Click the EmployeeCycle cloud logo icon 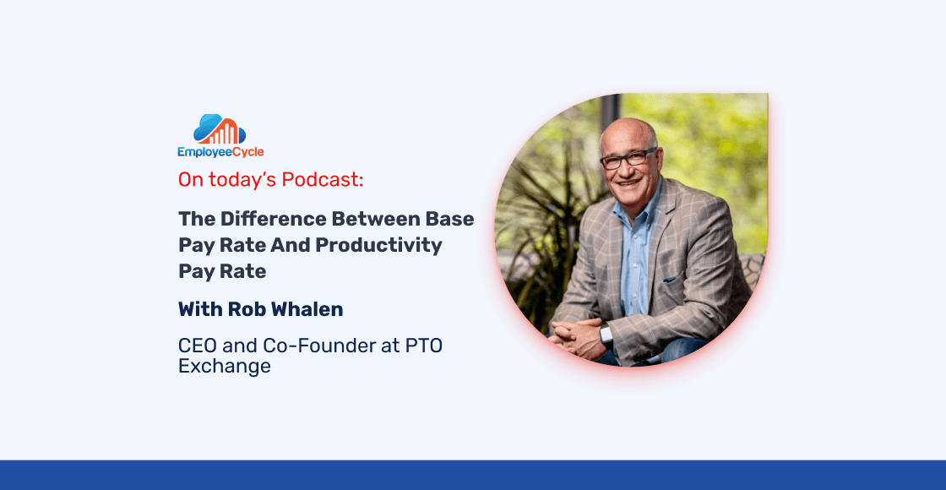[x=220, y=129]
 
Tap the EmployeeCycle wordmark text [x=220, y=152]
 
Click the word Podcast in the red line [x=323, y=180]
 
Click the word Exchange [x=225, y=367]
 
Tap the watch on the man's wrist [x=605, y=334]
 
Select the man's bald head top [x=629, y=128]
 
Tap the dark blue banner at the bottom [x=473, y=475]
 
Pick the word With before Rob [x=198, y=309]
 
